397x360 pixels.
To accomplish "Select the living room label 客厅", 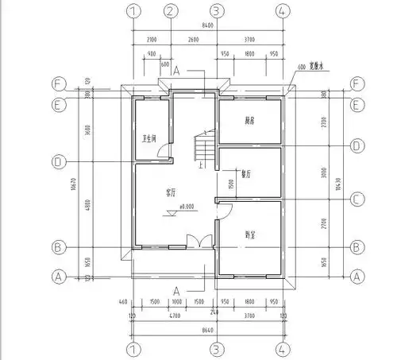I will pyautogui.click(x=172, y=192).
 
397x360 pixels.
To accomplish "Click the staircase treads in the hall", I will pyautogui.click(x=203, y=148).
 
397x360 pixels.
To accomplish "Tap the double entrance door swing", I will pyautogui.click(x=193, y=242).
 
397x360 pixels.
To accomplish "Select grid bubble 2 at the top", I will pyautogui.click(x=170, y=11).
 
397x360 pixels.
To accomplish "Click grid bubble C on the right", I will pyautogui.click(x=357, y=199).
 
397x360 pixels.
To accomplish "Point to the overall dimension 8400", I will pyautogui.click(x=208, y=25).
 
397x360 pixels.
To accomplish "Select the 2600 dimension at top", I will pyautogui.click(x=193, y=39).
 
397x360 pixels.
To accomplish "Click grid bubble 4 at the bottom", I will pyautogui.click(x=282, y=348).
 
